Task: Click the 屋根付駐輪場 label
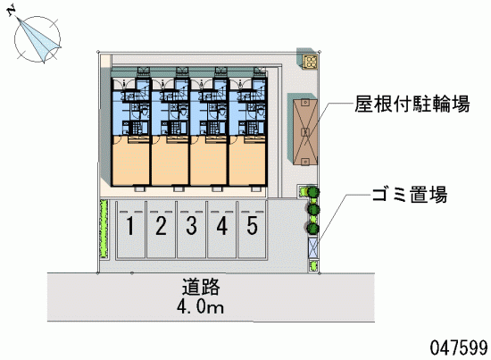412,104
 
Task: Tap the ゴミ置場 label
410,194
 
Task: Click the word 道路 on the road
201,287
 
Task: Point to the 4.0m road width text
200,306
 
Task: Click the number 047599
459,347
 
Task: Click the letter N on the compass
12,12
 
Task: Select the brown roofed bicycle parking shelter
305,132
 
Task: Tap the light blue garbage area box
312,247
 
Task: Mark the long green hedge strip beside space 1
104,229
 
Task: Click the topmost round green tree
312,192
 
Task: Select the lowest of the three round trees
312,229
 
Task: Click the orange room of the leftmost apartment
131,161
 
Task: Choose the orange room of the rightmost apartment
247,161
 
